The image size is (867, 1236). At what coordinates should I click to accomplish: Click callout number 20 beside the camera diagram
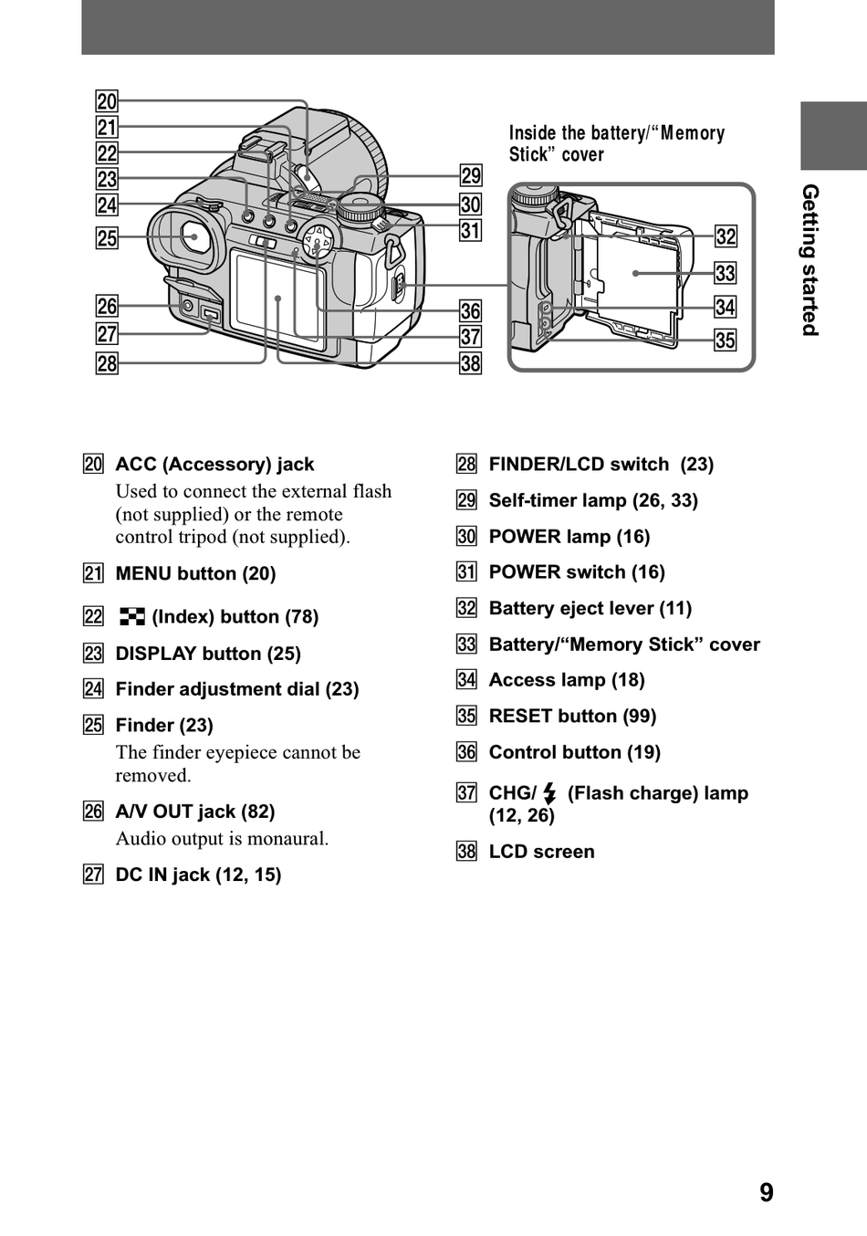[107, 101]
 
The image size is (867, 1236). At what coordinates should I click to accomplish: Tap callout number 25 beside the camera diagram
[107, 238]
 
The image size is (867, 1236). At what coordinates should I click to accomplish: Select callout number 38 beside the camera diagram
[470, 363]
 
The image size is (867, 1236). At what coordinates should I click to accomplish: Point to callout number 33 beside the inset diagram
[726, 273]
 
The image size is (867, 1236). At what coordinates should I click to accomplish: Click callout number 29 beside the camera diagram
[471, 175]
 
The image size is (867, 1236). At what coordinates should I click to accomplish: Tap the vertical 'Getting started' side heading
[810, 260]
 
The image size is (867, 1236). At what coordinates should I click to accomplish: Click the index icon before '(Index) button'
[132, 617]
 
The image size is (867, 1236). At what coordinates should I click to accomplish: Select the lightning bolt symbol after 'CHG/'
[549, 793]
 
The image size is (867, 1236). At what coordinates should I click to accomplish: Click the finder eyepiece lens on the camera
[194, 236]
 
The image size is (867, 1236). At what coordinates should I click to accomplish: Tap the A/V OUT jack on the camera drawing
[187, 305]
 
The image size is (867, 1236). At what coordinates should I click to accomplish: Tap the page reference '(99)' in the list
[640, 716]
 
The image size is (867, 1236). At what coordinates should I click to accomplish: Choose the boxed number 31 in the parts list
[466, 572]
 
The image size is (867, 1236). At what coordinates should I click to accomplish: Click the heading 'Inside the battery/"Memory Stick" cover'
[617, 143]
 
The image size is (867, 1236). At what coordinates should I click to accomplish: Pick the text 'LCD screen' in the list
[542, 852]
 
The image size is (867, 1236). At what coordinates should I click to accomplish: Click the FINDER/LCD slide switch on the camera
[263, 241]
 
